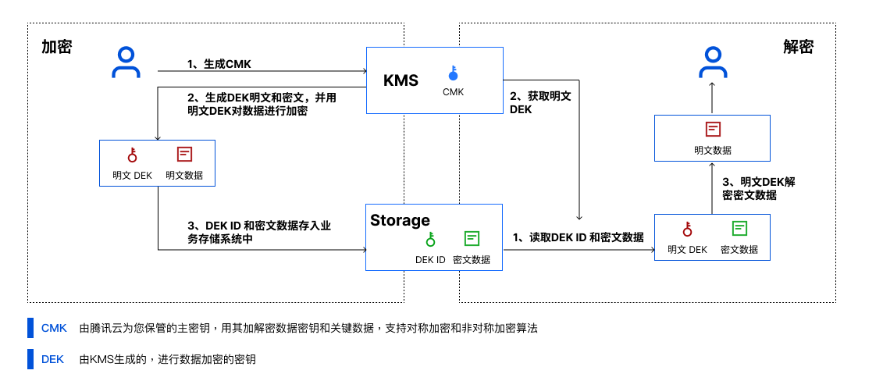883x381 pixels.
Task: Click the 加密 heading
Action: [x=57, y=47]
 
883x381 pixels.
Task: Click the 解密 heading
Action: [x=798, y=47]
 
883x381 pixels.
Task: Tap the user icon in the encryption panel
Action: [x=126, y=63]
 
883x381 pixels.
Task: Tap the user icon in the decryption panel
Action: [x=712, y=63]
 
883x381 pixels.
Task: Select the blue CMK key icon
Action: [x=453, y=73]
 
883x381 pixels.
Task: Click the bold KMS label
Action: [x=401, y=80]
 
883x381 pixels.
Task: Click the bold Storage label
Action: [x=400, y=221]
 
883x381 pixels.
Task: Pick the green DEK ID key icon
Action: [x=430, y=239]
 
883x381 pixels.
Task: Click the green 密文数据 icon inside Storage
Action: [x=472, y=239]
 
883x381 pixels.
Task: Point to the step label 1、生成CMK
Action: [x=219, y=64]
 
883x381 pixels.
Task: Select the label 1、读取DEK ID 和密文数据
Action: [x=578, y=237]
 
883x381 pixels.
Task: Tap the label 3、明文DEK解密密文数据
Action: [x=759, y=188]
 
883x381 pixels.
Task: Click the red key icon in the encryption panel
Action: [x=132, y=155]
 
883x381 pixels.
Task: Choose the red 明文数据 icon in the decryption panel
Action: [x=713, y=130]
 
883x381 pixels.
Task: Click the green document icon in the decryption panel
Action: [x=739, y=229]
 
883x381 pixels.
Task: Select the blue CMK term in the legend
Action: [x=54, y=328]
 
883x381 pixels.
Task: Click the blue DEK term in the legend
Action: [x=53, y=359]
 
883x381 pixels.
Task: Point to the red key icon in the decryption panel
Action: [x=688, y=229]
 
